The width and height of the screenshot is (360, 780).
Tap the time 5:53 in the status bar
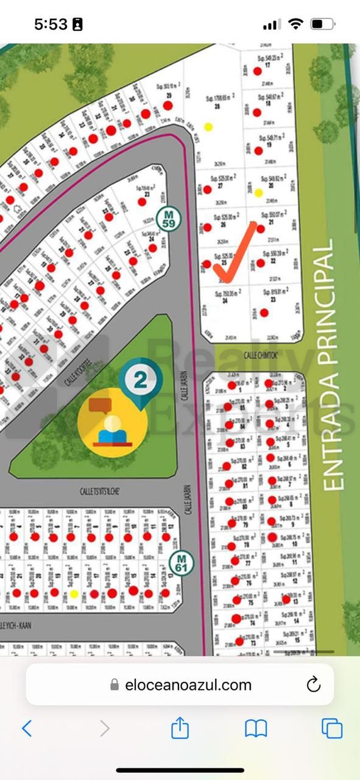click(50, 24)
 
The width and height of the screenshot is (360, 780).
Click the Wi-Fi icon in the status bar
click(296, 24)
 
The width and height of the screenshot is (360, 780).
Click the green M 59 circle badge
click(166, 218)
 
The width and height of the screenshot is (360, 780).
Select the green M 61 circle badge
click(181, 564)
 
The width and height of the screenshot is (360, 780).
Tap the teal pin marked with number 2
click(141, 383)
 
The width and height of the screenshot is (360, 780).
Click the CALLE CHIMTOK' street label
click(261, 355)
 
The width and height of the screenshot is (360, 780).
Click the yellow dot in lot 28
click(208, 127)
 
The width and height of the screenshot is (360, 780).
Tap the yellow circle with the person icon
click(112, 422)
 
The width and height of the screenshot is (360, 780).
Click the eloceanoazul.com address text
click(188, 685)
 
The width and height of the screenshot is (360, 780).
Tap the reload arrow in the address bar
click(313, 684)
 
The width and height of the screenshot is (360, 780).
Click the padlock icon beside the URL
click(115, 685)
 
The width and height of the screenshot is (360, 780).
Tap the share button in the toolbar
click(180, 728)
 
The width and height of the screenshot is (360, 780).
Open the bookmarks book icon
click(256, 728)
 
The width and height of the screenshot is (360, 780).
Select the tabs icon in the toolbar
click(332, 728)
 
